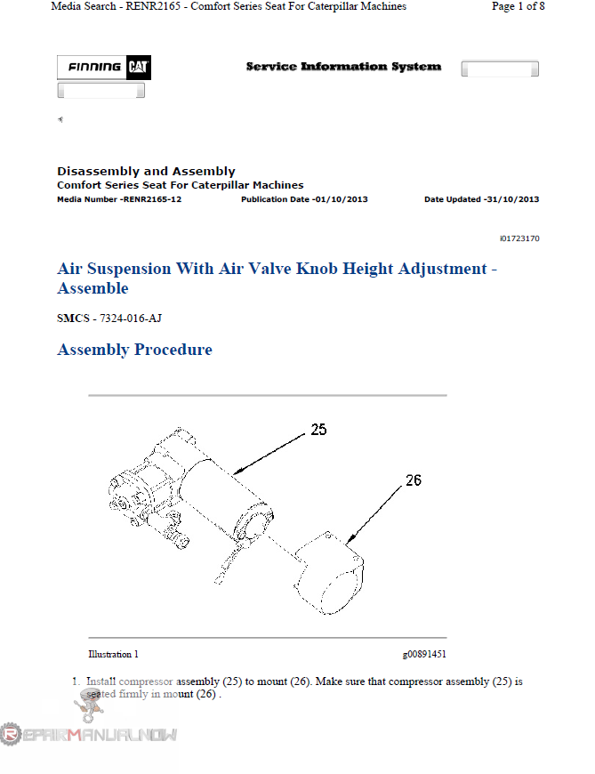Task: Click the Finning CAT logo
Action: (101, 68)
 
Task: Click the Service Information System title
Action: (343, 67)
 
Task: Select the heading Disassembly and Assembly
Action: (146, 171)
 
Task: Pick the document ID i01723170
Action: (519, 238)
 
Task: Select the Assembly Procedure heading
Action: (134, 350)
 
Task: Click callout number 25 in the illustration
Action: (318, 430)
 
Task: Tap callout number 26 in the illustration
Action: (413, 480)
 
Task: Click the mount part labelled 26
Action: (331, 574)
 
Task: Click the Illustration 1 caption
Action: (113, 654)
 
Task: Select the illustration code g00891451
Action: (424, 654)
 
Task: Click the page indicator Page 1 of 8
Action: (518, 6)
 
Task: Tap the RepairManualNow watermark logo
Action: (89, 733)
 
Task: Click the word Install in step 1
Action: (101, 681)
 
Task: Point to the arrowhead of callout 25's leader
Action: (236, 472)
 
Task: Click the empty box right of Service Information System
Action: (500, 69)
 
